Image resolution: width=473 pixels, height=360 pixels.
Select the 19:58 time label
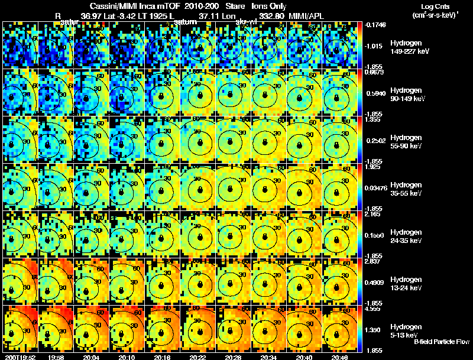pos(57,356)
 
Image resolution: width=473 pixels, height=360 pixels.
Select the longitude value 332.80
pos(272,15)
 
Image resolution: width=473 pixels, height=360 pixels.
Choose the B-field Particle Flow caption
pos(441,342)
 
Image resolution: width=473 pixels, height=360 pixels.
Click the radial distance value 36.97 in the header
pos(92,15)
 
